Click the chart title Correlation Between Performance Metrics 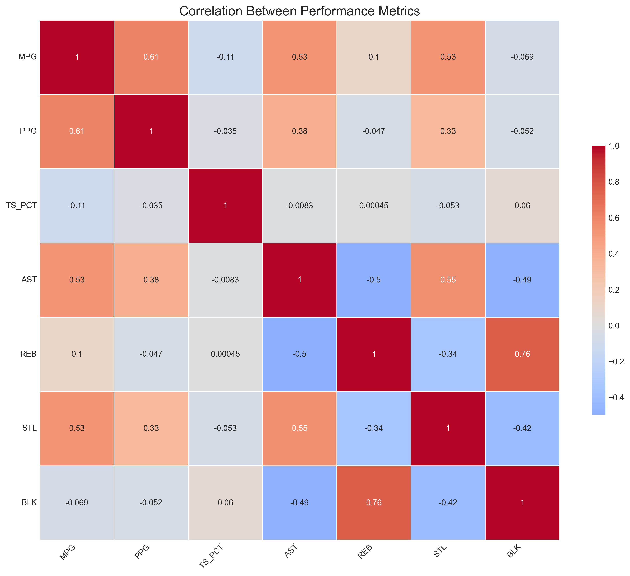point(299,11)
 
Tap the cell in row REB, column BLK point(522,354)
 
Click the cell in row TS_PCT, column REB point(374,205)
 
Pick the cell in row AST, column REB point(374,280)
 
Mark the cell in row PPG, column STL point(448,131)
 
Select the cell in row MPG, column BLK point(522,57)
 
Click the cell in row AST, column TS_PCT point(225,280)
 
